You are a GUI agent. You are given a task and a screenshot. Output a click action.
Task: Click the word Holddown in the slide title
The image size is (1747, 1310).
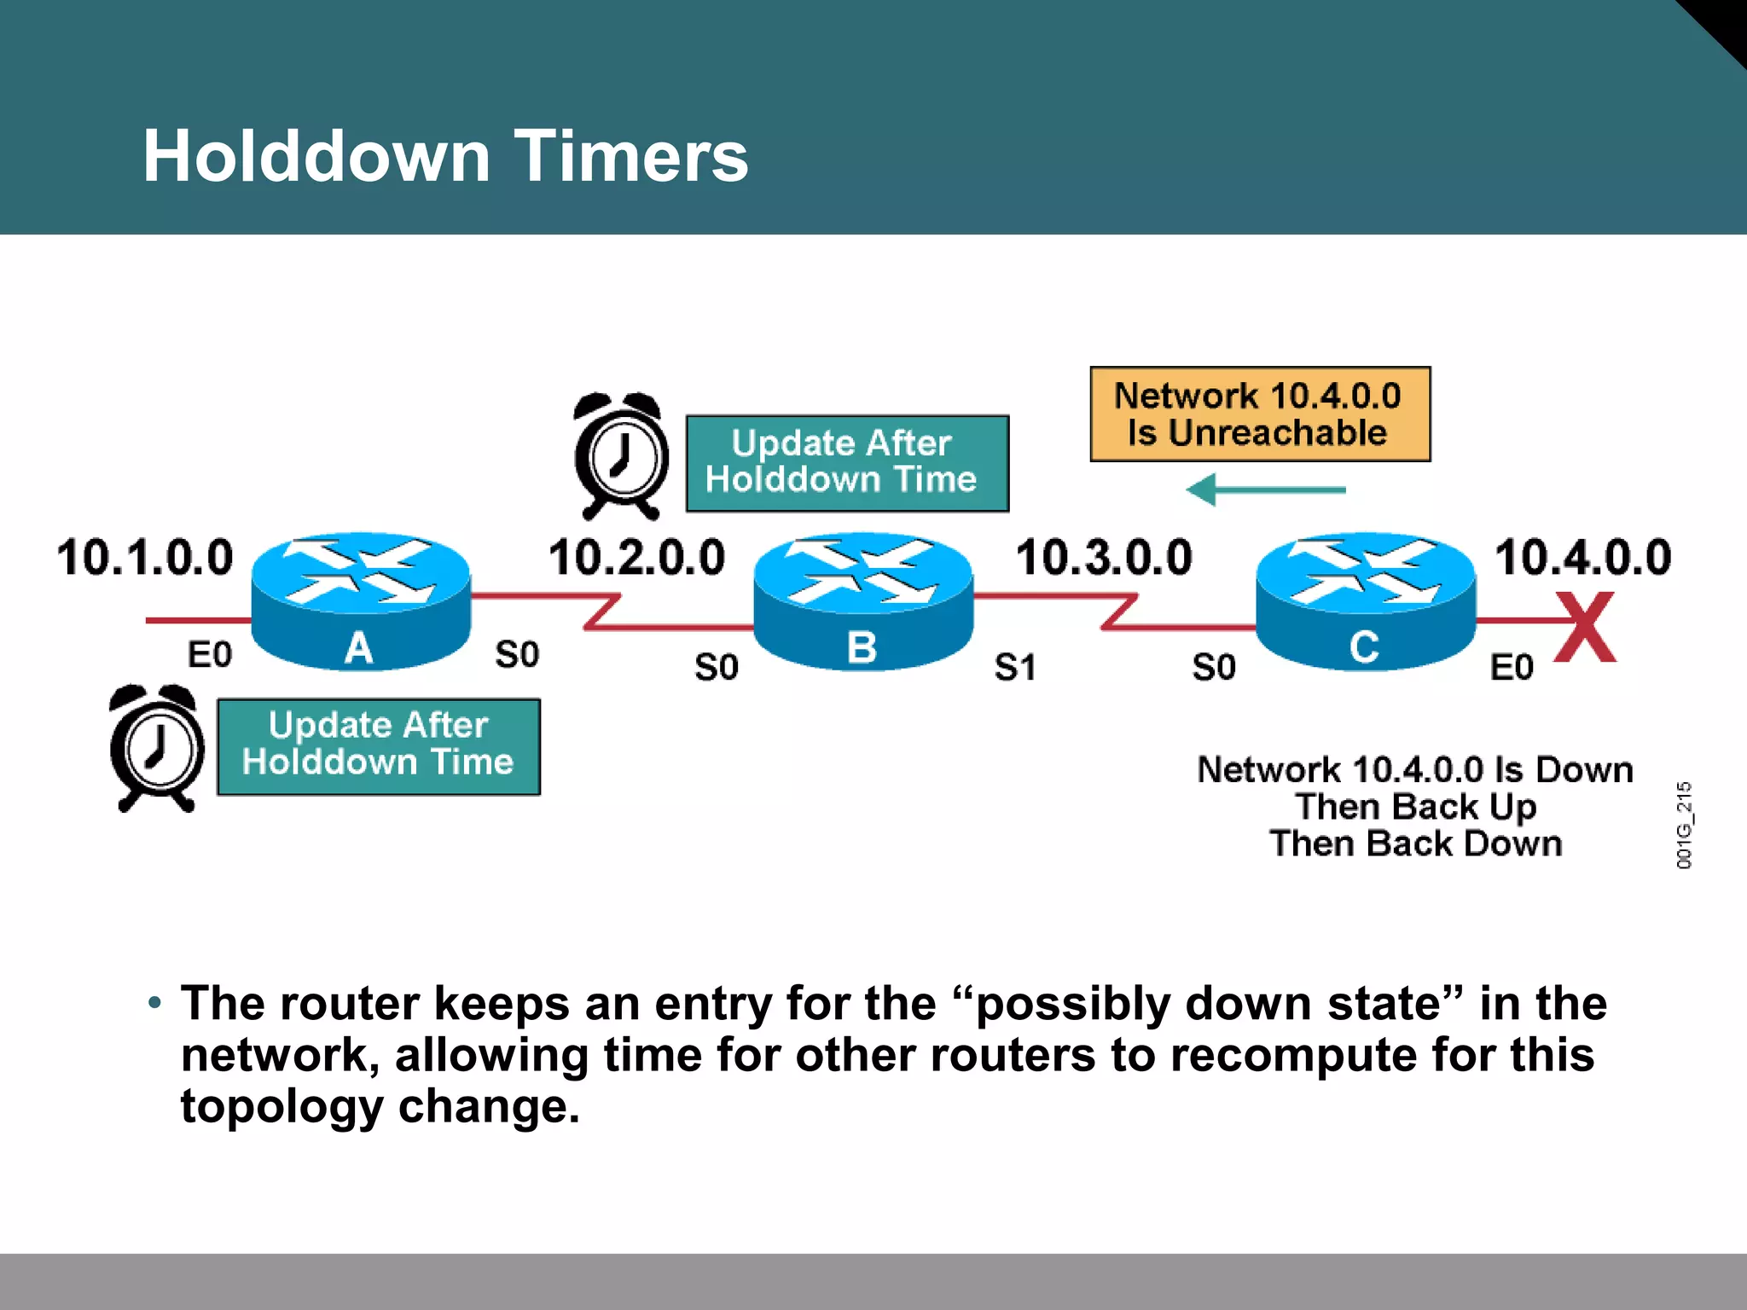click(x=316, y=156)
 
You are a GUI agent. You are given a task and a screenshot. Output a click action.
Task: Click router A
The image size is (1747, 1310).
click(x=360, y=600)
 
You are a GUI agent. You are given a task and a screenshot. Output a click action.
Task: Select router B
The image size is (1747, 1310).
click(x=862, y=600)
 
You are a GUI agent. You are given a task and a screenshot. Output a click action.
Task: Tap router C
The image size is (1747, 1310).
click(x=1365, y=600)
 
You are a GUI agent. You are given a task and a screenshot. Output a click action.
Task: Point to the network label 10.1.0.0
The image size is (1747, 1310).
click(x=144, y=558)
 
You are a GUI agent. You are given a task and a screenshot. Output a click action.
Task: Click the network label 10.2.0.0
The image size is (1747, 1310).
click(x=636, y=558)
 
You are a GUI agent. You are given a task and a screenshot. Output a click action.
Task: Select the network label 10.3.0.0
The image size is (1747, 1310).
click(x=1103, y=558)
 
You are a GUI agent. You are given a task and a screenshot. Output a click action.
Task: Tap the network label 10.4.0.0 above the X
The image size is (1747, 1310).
click(x=1582, y=558)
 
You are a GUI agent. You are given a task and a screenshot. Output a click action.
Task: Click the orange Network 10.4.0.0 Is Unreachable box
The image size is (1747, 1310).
click(x=1259, y=414)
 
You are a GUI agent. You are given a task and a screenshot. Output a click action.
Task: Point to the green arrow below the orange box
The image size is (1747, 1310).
click(x=1265, y=490)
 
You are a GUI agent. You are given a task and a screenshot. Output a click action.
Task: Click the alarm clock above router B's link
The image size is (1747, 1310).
click(x=620, y=457)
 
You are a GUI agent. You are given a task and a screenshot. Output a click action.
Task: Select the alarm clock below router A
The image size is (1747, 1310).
click(x=157, y=749)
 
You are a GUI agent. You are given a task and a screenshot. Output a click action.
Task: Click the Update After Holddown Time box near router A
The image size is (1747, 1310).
click(x=378, y=746)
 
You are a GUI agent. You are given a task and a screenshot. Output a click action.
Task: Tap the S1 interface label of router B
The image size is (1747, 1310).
click(x=1015, y=667)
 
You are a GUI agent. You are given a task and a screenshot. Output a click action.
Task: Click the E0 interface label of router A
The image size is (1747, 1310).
click(x=209, y=655)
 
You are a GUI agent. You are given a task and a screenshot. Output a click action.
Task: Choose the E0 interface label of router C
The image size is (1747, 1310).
click(x=1511, y=667)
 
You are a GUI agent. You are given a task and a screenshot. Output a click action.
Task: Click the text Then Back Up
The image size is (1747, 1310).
click(x=1415, y=807)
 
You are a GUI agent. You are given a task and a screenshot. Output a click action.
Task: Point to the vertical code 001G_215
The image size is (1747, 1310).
click(x=1683, y=825)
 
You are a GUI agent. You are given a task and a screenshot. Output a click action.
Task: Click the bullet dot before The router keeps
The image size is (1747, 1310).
click(x=154, y=1003)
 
